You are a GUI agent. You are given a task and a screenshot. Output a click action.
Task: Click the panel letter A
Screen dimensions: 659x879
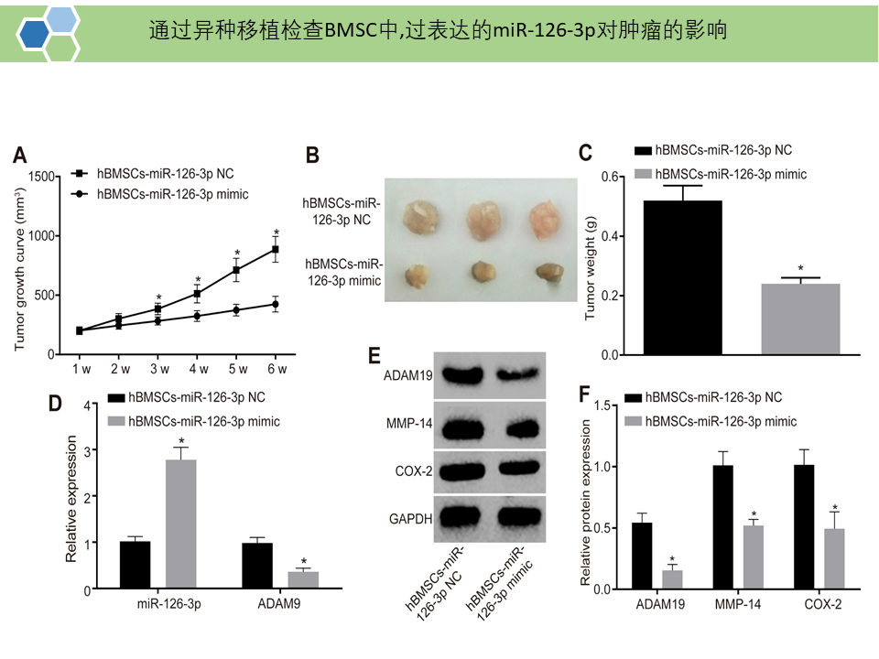point(19,155)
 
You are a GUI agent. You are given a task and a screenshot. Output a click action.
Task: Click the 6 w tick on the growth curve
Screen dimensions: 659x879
point(277,370)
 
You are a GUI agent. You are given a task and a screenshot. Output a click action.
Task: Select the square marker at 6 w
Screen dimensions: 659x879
point(276,249)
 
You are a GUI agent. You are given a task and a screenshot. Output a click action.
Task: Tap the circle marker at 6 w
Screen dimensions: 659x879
point(276,304)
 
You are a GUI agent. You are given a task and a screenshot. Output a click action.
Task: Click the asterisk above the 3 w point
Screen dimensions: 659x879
point(157,297)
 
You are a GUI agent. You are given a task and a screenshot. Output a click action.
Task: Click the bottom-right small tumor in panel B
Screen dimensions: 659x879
point(550,271)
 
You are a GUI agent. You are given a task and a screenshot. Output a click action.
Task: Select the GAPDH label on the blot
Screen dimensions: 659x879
point(411,518)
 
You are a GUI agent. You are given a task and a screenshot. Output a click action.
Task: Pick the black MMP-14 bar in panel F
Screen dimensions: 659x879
point(722,526)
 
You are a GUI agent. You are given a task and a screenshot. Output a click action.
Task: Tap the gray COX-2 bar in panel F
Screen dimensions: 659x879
point(833,557)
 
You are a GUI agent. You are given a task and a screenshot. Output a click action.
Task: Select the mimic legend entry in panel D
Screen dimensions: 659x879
point(203,421)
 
